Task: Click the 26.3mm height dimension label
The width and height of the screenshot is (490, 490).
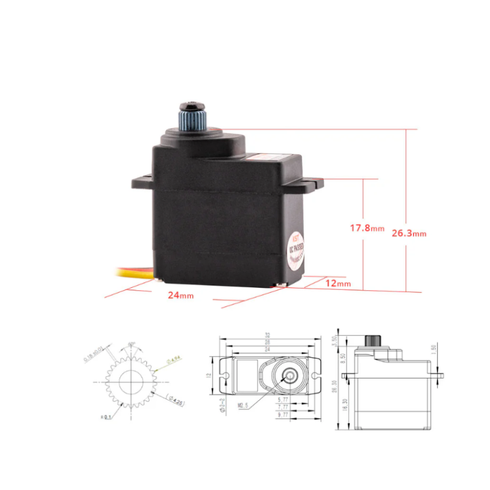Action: [x=409, y=233]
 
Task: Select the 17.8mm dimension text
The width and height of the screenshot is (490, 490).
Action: [x=367, y=228]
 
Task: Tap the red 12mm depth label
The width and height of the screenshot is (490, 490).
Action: [x=337, y=283]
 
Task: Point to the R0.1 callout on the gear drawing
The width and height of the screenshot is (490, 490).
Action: [x=107, y=417]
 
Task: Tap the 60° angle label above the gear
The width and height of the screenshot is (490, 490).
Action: [x=132, y=344]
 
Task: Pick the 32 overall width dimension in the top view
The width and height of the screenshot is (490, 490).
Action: [x=268, y=336]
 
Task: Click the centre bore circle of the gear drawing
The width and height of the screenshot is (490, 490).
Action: [x=131, y=382]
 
